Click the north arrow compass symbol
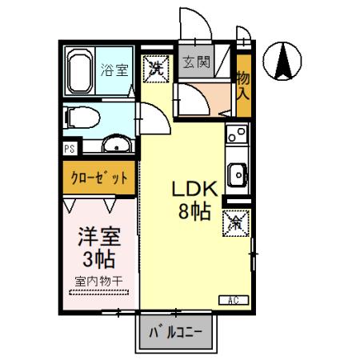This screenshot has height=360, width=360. tap(284, 62)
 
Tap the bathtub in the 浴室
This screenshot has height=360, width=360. tap(78, 70)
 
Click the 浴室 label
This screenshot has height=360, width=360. tap(114, 70)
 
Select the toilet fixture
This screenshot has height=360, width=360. tap(81, 118)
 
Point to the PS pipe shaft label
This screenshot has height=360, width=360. tap(69, 149)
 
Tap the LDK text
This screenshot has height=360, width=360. tap(194, 191)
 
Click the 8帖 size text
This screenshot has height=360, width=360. tap(194, 212)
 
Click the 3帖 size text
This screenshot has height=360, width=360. tap(98, 258)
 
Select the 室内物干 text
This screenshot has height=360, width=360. tap(98, 281)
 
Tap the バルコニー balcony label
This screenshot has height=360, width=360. tap(177, 330)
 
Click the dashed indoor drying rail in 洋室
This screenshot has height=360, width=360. tap(98, 294)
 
